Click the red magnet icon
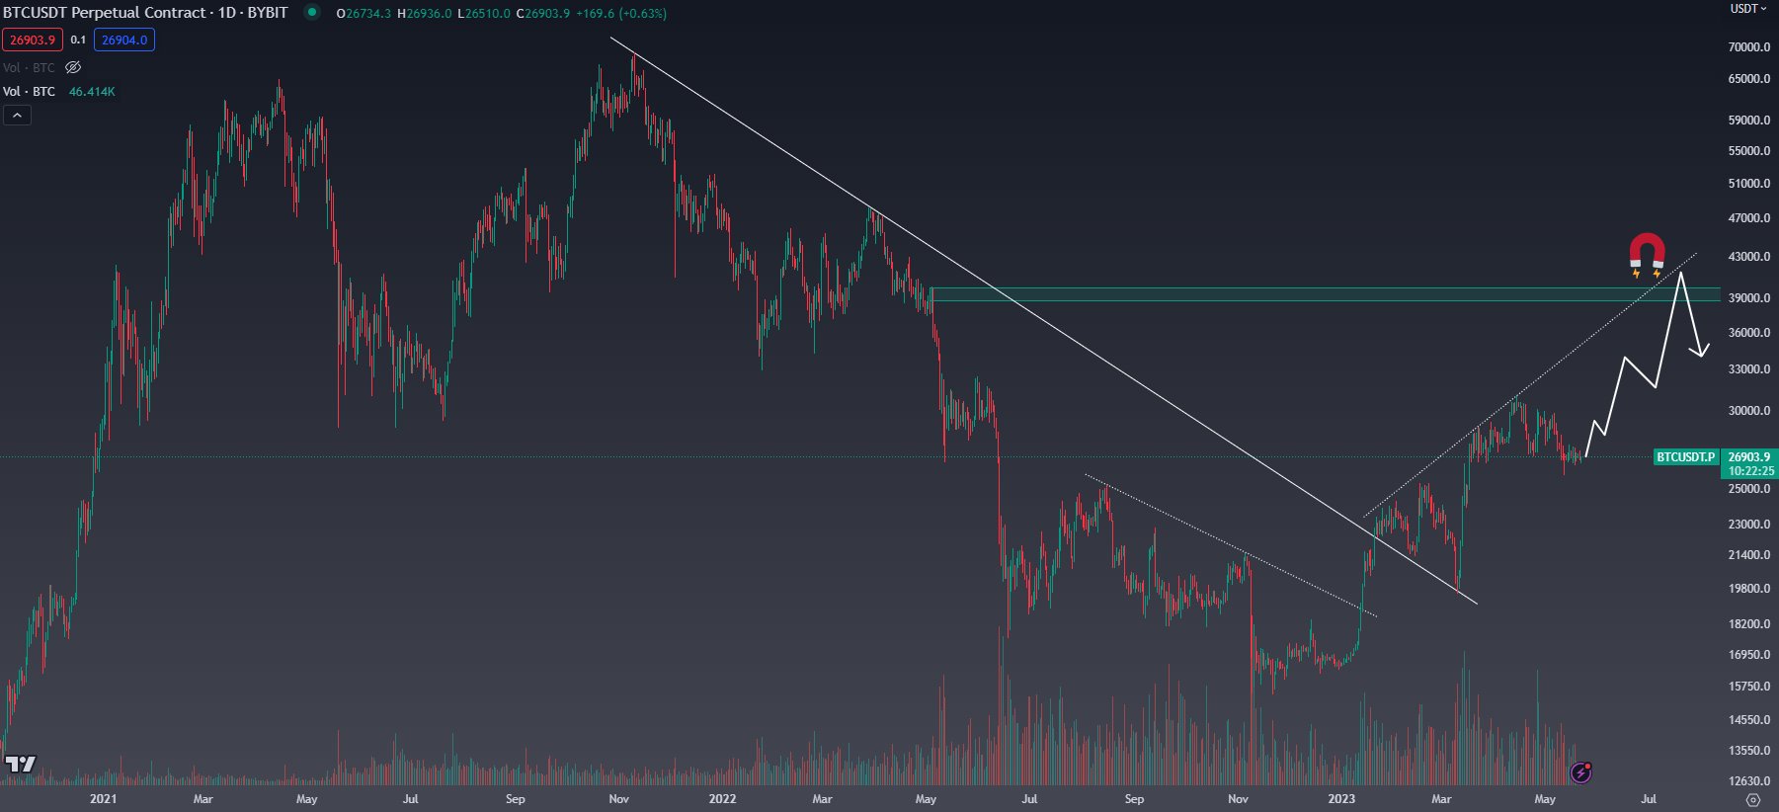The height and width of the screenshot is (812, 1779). tap(1647, 253)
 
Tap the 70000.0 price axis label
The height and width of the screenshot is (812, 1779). tap(1748, 47)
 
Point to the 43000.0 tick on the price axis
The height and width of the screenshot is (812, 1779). tap(1748, 257)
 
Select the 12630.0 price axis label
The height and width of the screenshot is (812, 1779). tap(1748, 781)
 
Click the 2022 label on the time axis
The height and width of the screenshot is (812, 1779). tap(722, 799)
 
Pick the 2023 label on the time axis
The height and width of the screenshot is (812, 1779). tap(1341, 799)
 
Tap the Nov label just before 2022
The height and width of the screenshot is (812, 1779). tap(618, 799)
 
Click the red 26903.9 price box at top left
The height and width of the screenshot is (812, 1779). tap(33, 41)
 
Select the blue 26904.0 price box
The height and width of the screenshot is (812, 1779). tap(124, 41)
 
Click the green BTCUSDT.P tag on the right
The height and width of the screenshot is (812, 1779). tap(1685, 457)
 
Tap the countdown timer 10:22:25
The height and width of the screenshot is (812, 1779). tap(1750, 471)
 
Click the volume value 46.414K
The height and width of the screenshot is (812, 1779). tap(92, 92)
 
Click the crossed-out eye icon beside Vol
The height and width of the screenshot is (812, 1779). tap(73, 68)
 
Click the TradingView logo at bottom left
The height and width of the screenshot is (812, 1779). tap(20, 765)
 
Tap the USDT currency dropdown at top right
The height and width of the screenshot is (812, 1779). tap(1747, 9)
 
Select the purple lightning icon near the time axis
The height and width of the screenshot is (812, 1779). tap(1580, 772)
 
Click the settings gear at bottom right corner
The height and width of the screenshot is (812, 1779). tap(1752, 799)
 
